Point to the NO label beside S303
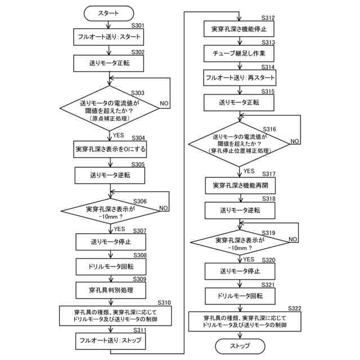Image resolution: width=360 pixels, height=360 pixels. coord(164,104)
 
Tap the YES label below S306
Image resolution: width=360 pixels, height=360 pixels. coord(119,229)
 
